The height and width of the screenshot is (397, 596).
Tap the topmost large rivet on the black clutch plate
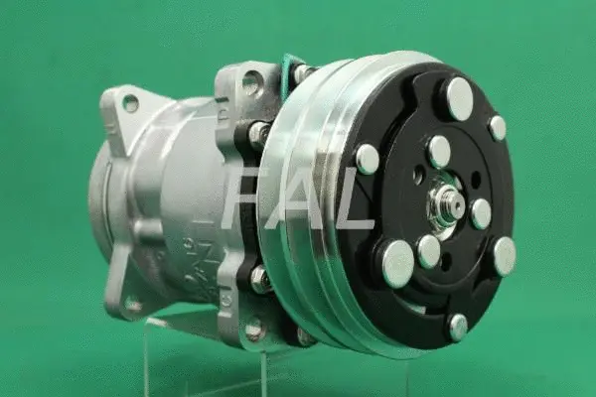460,99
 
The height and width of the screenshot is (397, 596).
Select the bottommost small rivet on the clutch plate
458,328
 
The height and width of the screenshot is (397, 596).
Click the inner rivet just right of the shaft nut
481,214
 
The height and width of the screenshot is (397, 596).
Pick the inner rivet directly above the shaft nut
440,152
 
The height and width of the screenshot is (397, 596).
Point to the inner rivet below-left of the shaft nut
429,251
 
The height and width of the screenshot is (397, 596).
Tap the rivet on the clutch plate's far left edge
368,159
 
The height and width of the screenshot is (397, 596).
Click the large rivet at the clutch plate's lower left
398,264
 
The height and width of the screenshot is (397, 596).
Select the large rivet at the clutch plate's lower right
506,256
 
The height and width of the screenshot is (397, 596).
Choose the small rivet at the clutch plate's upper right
498,128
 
